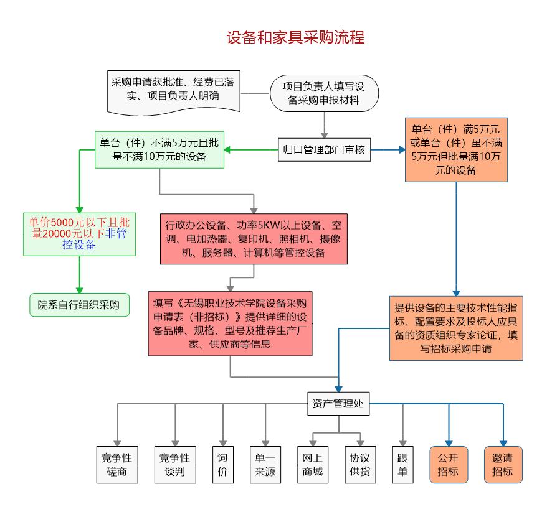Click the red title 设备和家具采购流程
pos(295,38)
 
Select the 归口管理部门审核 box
pos(324,150)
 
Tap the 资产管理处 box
pos(338,404)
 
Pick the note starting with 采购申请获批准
pos(174,90)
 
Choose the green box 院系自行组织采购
pos(79,305)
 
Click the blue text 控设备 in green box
pos(79,245)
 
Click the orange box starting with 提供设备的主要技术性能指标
pos(456,328)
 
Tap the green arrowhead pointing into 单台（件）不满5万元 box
pos(228,150)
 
